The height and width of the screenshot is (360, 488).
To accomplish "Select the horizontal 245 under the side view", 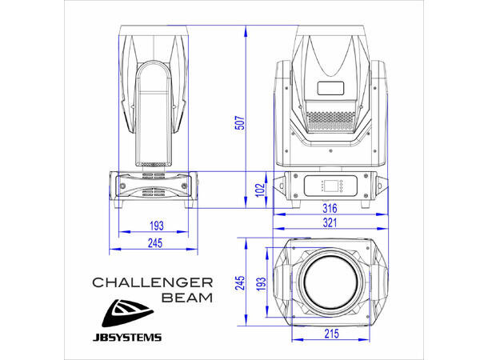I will coord(154,243).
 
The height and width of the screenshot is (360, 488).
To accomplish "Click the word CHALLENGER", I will coord(151,282).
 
